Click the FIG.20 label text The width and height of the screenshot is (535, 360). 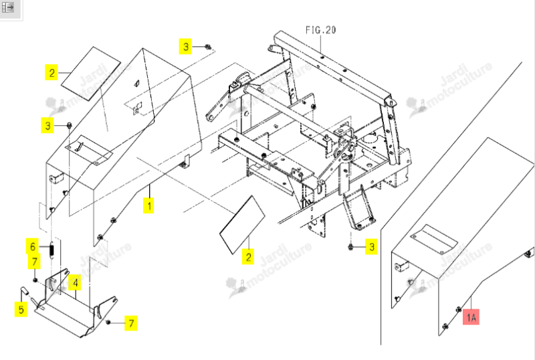(320, 30)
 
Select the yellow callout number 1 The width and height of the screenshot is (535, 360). (148, 205)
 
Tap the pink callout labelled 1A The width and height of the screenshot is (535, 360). (471, 318)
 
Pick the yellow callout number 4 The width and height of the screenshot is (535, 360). (76, 282)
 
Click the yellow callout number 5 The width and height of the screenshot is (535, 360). (21, 309)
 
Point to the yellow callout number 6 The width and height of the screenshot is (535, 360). (33, 246)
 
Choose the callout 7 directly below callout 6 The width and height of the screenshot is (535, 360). (34, 262)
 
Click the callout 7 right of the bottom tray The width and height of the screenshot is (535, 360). (131, 323)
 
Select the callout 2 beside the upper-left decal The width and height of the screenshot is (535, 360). (52, 73)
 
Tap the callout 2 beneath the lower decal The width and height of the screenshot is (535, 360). (248, 257)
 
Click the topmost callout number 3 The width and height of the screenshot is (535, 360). (186, 46)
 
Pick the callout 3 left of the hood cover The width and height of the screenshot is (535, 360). (47, 126)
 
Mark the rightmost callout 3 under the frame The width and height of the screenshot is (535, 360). (372, 247)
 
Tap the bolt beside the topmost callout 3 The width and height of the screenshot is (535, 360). (207, 47)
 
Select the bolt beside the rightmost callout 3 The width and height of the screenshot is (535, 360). (350, 246)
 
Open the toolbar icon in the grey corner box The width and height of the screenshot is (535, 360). (7, 7)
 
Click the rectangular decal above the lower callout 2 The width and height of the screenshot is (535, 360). (242, 225)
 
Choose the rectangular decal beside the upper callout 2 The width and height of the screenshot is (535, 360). (91, 74)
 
